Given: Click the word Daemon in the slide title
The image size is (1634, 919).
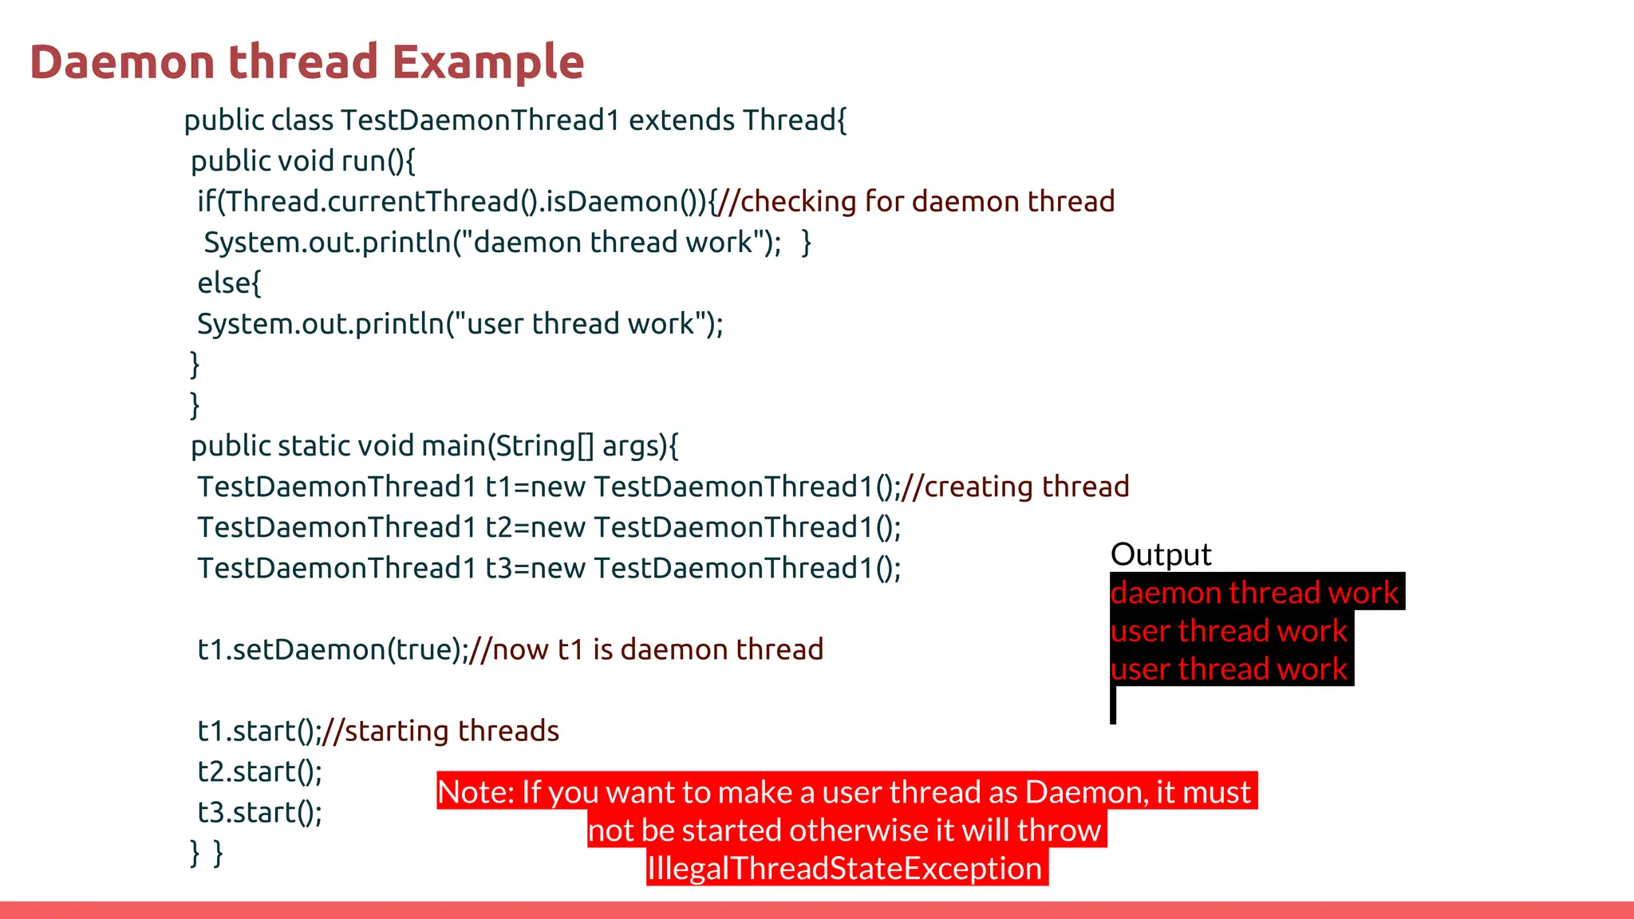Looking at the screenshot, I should [x=122, y=62].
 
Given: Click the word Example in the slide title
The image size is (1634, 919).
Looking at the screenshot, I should [x=488, y=62].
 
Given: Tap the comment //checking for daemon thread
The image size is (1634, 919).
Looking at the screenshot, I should [x=916, y=202].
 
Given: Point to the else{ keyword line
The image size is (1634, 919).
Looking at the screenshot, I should [x=229, y=283].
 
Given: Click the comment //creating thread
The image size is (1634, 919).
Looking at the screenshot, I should [x=1015, y=487].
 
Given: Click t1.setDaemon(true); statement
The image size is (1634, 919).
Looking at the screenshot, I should [x=332, y=649].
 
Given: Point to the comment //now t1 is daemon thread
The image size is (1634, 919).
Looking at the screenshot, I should [x=646, y=649].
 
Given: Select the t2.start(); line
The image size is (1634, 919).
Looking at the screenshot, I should [x=259, y=771].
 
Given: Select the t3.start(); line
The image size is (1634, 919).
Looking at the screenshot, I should [x=259, y=812].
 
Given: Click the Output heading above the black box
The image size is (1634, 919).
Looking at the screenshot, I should [x=1160, y=554].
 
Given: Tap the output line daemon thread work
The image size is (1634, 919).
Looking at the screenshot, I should [x=1253, y=593].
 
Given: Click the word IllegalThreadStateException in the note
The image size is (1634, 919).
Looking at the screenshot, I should [x=844, y=869].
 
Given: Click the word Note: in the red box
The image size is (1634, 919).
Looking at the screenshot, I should [x=476, y=792].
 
